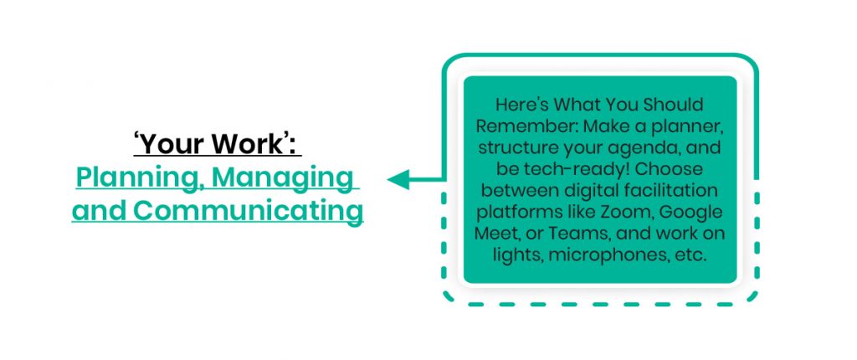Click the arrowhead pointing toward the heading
point(397,179)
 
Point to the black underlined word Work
point(253,145)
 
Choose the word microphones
point(624,255)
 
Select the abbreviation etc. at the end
point(691,255)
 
